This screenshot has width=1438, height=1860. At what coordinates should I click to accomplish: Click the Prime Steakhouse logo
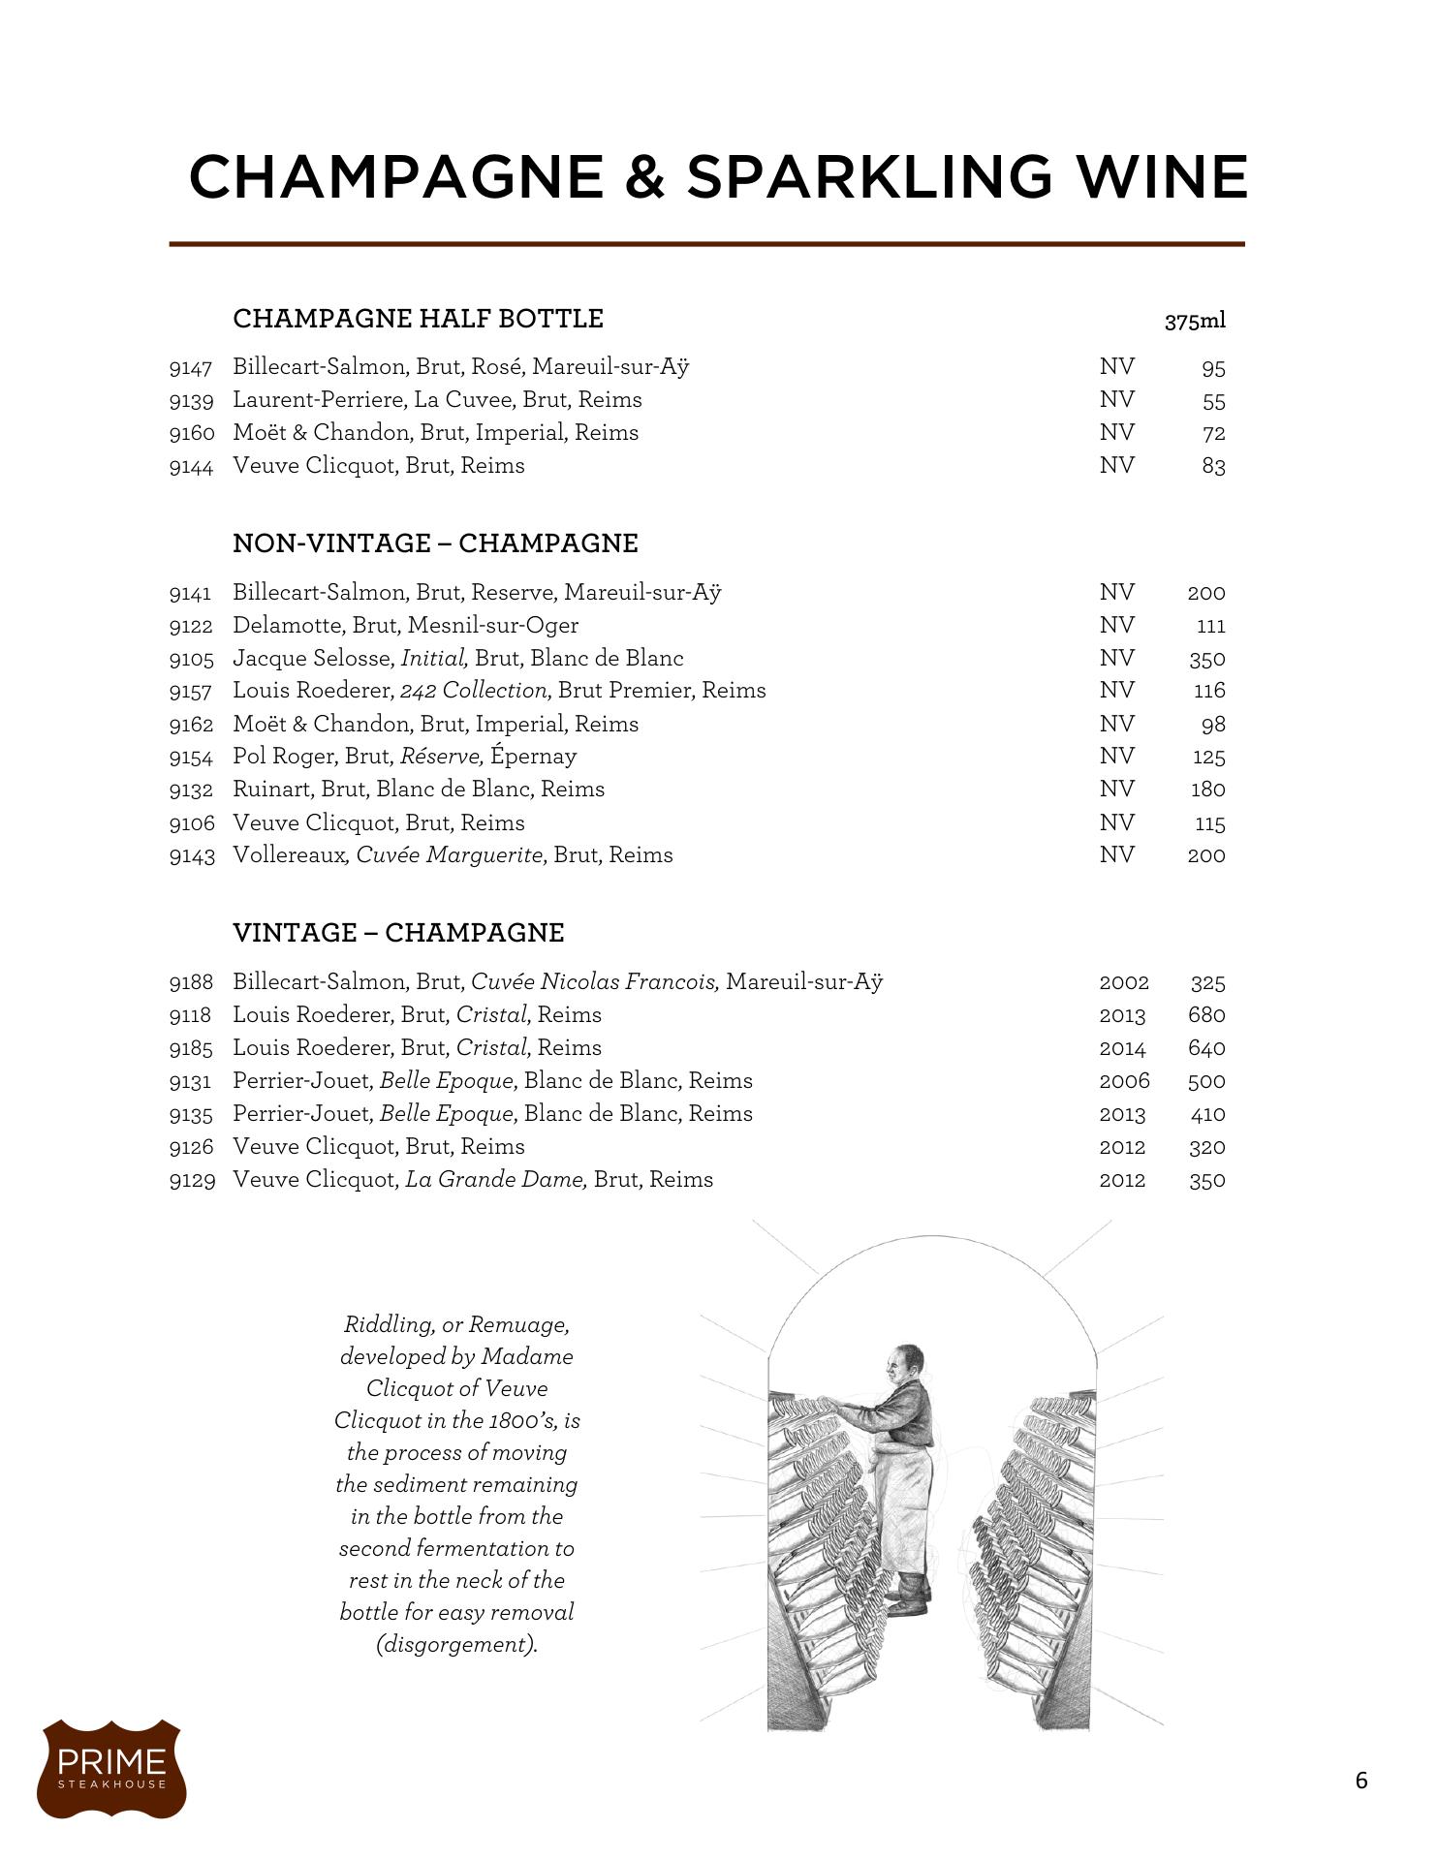(111, 1768)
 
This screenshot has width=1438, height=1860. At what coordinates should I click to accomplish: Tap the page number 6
(1360, 1781)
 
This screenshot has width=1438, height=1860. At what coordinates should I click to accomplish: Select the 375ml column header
(1194, 322)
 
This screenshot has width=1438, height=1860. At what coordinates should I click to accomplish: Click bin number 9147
(190, 368)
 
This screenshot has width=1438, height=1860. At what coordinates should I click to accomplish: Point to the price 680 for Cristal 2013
(1205, 1015)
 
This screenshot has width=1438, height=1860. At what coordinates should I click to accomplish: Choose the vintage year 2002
(1123, 982)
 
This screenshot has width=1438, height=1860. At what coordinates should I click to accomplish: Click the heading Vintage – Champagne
(398, 933)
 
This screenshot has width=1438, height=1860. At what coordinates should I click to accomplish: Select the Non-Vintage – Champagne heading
(435, 543)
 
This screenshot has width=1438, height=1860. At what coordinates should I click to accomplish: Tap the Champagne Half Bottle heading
(418, 319)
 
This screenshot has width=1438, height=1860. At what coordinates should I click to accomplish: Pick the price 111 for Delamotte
(1210, 626)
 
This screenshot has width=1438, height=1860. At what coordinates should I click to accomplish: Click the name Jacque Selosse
(310, 659)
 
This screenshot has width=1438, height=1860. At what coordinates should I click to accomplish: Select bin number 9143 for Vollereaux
(191, 855)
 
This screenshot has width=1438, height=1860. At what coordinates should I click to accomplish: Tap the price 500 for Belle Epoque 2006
(1205, 1081)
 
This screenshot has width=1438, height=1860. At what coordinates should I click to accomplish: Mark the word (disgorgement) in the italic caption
(456, 1645)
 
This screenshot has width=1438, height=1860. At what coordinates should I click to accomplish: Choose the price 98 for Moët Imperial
(1212, 725)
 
